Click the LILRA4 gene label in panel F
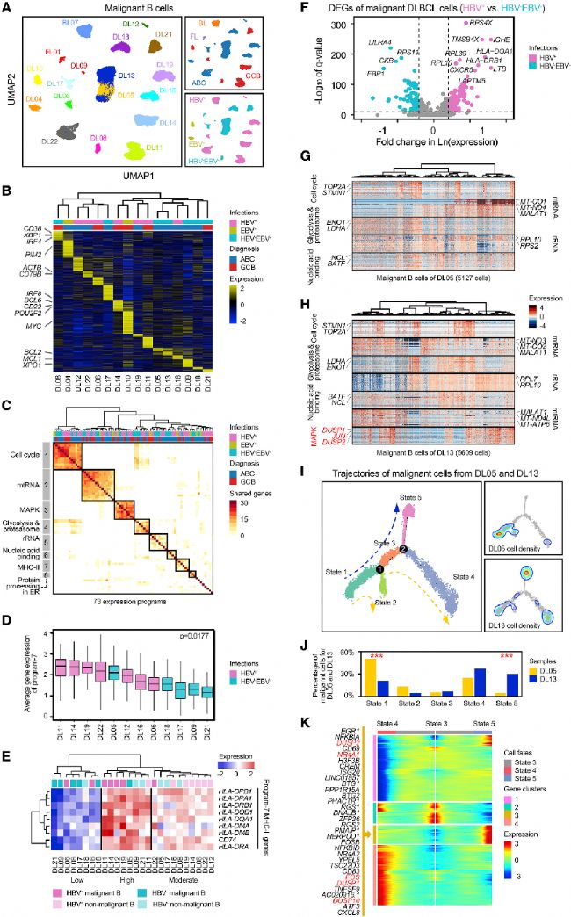click(379, 41)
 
